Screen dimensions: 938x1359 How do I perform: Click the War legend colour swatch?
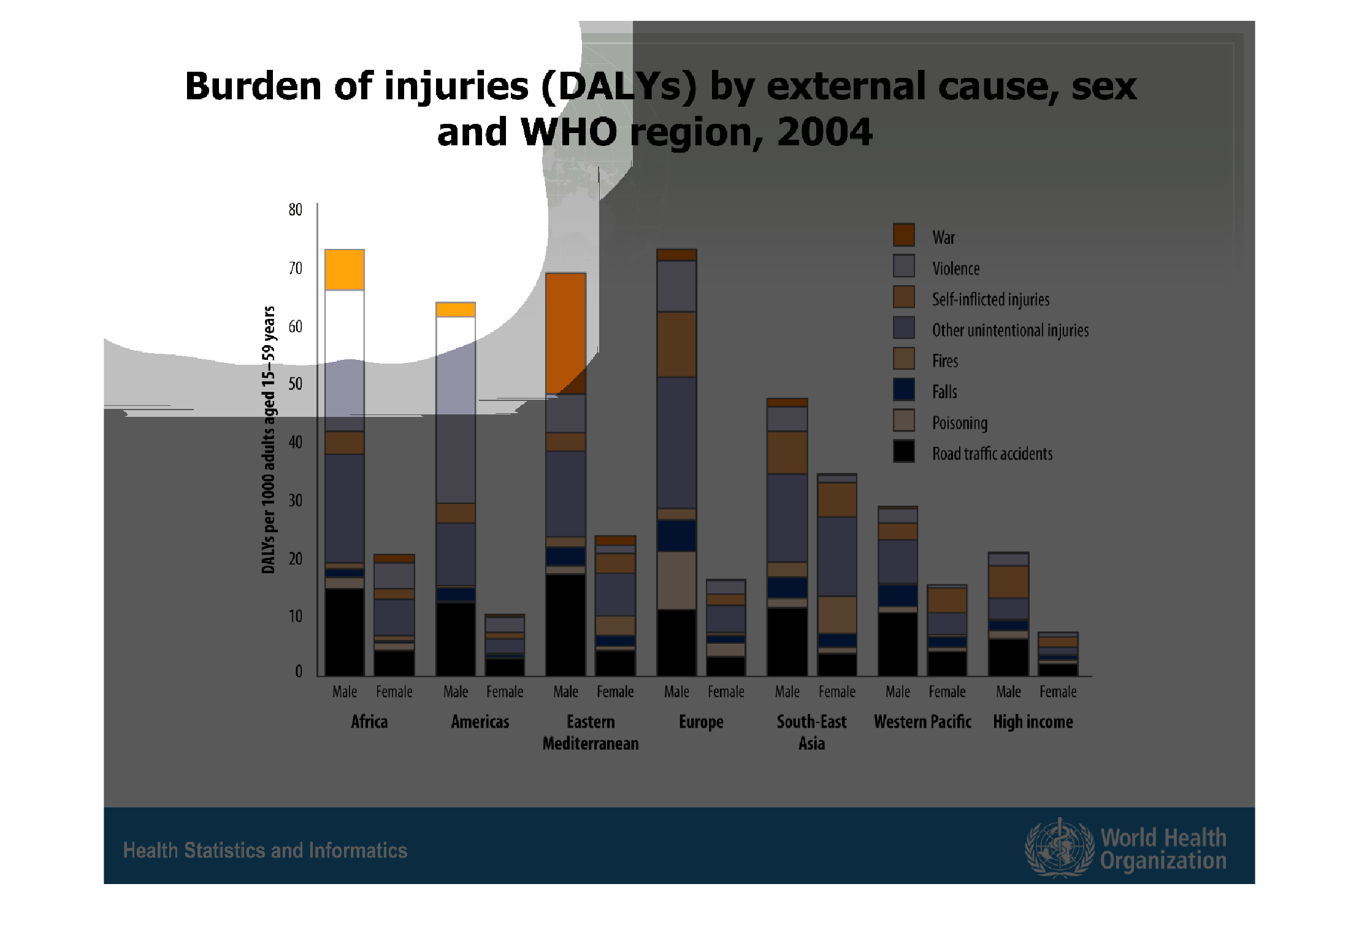903,235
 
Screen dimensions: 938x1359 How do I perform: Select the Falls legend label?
944,392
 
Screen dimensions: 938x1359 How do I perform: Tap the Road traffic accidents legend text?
992,454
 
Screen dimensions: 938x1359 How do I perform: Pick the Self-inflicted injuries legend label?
990,299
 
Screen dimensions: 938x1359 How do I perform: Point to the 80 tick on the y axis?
295,210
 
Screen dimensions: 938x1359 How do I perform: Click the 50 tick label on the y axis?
295,384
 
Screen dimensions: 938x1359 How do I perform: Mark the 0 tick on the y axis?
299,671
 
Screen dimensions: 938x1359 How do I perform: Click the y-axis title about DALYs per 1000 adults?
269,440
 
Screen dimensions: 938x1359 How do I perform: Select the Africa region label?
369,722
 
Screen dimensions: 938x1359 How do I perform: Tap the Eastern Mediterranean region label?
591,733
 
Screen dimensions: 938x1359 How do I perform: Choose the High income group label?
1033,722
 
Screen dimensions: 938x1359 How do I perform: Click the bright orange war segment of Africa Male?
345,270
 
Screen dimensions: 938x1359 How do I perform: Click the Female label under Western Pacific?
947,692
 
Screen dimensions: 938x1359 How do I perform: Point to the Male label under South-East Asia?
787,692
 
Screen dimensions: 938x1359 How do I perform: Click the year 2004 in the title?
824,132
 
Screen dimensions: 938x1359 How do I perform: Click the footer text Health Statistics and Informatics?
265,850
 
